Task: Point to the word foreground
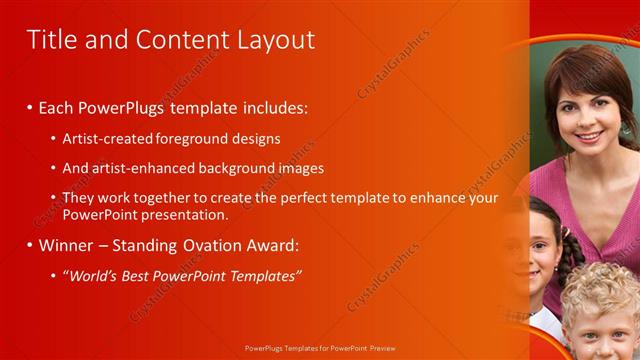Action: tap(192, 139)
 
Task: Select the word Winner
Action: tap(64, 245)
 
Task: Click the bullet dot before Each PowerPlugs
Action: tap(30, 107)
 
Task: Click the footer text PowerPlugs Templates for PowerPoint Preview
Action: tap(319, 349)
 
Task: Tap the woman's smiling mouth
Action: tap(589, 135)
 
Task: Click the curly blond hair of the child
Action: tap(600, 290)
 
